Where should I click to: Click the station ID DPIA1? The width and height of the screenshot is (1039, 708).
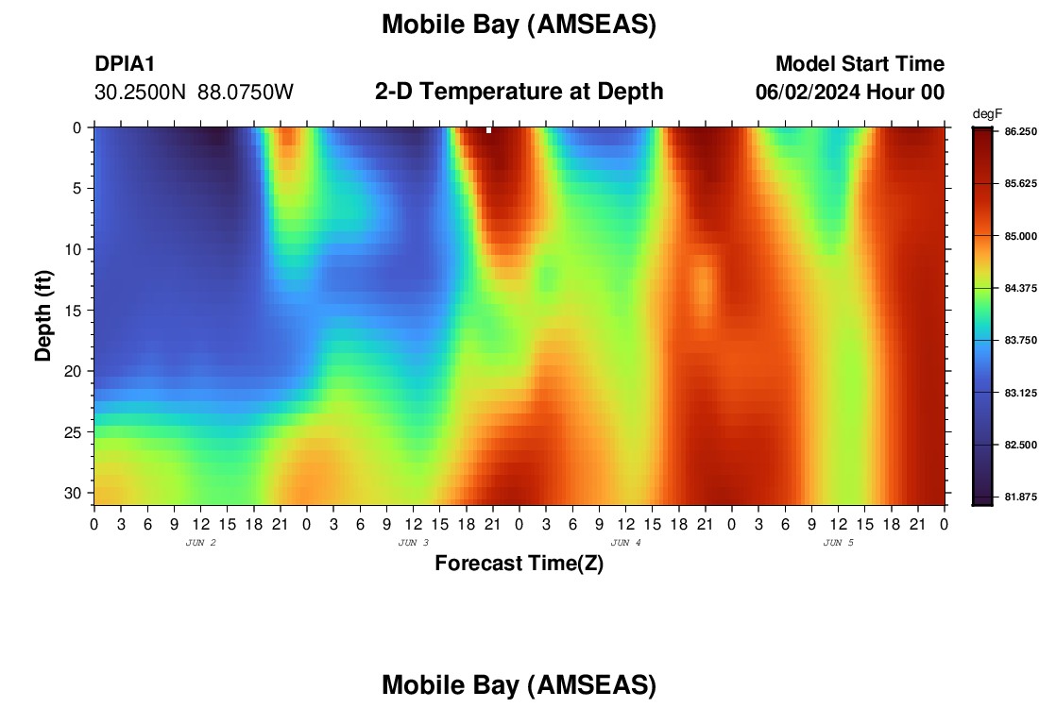(125, 63)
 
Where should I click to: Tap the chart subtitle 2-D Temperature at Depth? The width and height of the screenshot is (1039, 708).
(519, 92)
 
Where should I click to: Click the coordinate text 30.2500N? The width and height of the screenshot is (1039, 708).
(141, 93)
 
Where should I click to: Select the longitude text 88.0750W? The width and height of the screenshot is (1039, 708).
(246, 93)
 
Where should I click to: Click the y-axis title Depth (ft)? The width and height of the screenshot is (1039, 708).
(43, 316)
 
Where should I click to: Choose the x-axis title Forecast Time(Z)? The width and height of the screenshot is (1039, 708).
(519, 563)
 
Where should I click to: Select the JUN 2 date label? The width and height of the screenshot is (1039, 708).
(201, 543)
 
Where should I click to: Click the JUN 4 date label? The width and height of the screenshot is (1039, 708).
(625, 543)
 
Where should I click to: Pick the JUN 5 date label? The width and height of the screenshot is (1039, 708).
(838, 543)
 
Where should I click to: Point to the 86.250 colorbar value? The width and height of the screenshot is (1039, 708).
(1020, 132)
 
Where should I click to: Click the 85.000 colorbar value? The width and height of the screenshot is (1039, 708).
(1020, 236)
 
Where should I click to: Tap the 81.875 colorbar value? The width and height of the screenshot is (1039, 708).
(1020, 497)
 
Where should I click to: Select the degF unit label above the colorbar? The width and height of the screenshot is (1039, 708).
(987, 114)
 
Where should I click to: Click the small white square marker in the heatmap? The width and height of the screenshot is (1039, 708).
(489, 130)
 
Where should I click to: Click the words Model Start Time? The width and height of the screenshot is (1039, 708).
(860, 63)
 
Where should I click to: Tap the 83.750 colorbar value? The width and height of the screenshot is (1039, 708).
(1020, 341)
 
